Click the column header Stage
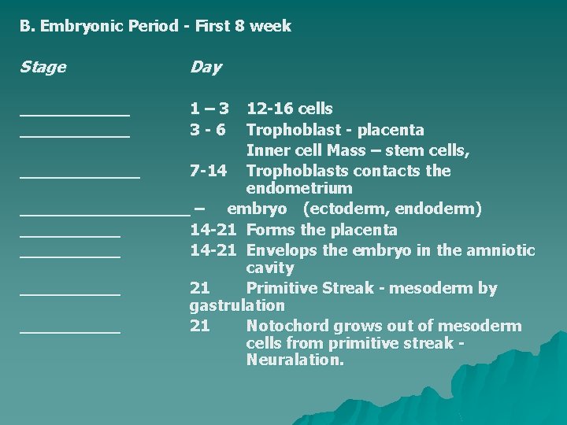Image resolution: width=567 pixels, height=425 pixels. click(x=43, y=68)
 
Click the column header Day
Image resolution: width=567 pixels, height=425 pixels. click(x=206, y=68)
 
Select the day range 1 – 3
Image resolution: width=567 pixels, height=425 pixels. click(x=209, y=109)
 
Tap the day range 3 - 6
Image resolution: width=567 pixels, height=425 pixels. click(x=209, y=129)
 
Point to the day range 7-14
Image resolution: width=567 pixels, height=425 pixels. click(x=209, y=171)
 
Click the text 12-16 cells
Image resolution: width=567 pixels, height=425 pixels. click(x=289, y=109)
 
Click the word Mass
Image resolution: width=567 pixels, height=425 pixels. click(x=346, y=150)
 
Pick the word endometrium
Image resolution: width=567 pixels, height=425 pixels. click(x=299, y=189)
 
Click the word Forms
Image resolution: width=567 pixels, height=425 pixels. click(x=271, y=230)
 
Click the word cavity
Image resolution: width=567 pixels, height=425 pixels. click(x=269, y=268)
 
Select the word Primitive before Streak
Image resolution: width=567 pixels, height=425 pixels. click(x=280, y=288)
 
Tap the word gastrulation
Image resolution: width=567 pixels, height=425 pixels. click(x=237, y=305)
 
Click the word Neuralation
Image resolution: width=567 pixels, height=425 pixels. click(x=295, y=360)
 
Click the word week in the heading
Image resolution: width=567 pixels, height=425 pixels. click(x=272, y=26)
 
